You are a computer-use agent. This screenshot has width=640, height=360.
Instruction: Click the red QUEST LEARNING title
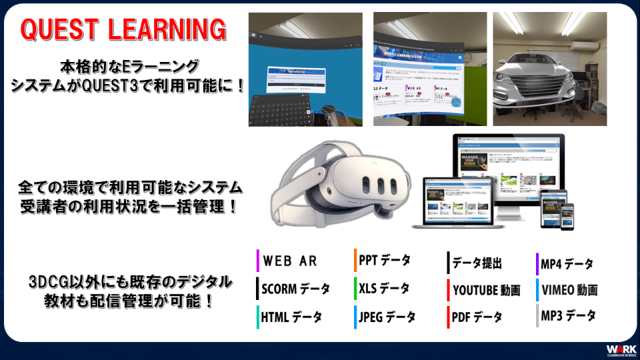[x=123, y=30]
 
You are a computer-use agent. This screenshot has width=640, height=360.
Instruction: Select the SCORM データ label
[x=295, y=289]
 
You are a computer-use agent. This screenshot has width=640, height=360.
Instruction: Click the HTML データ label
[x=291, y=317]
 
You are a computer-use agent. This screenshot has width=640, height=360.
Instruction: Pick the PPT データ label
[x=385, y=260]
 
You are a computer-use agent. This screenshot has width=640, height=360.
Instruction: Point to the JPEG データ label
[x=387, y=317]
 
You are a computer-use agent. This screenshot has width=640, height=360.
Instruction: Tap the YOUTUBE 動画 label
[x=487, y=290]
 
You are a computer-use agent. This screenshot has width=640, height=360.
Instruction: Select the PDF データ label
[x=477, y=317]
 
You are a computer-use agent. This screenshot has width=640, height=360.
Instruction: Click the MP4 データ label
[x=567, y=263]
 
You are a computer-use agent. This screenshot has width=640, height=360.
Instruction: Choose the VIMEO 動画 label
[x=569, y=290]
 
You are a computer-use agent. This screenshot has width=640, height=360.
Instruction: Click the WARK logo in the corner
[x=621, y=350]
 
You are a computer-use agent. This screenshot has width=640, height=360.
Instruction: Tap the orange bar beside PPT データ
[x=355, y=260]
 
